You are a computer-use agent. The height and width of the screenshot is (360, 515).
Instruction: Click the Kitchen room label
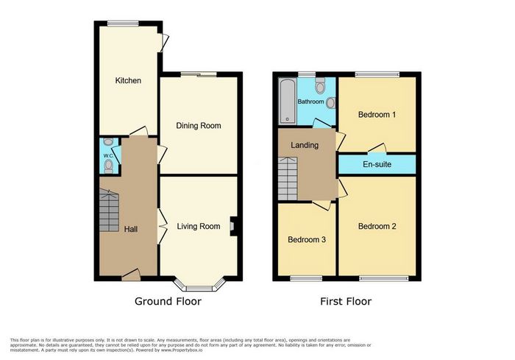pyautogui.click(x=128, y=80)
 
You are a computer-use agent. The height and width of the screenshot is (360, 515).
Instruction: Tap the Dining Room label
pyautogui.click(x=199, y=126)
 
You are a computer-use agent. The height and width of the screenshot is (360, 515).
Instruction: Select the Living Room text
pyautogui.click(x=199, y=226)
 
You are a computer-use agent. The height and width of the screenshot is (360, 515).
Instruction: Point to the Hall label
pyautogui.click(x=131, y=229)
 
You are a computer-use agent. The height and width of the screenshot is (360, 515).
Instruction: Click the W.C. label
pyautogui.click(x=108, y=155)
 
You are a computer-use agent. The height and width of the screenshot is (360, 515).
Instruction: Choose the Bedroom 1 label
pyautogui.click(x=377, y=114)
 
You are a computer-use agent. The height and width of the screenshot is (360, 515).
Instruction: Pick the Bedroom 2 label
pyautogui.click(x=377, y=226)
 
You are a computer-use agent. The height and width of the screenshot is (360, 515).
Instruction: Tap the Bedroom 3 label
pyautogui.click(x=307, y=240)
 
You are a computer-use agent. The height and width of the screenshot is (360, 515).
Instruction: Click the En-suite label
pyautogui.click(x=377, y=164)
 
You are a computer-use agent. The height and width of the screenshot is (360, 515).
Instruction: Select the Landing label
pyautogui.click(x=305, y=145)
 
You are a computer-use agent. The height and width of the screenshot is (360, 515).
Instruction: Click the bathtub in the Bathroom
pyautogui.click(x=288, y=101)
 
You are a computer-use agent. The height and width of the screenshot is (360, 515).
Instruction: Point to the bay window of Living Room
pyautogui.click(x=199, y=286)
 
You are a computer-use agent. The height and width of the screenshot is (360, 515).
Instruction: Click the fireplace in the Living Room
pyautogui.click(x=233, y=226)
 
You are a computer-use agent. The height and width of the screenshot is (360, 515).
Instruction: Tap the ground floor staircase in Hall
pyautogui.click(x=109, y=210)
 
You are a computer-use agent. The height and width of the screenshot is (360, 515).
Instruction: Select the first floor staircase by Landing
pyautogui.click(x=288, y=178)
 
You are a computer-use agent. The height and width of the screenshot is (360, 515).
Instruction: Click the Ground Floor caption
pyautogui.click(x=168, y=301)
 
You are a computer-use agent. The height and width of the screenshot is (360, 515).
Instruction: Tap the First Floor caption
pyautogui.click(x=346, y=301)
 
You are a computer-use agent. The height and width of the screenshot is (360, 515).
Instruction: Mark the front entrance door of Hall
pyautogui.click(x=131, y=275)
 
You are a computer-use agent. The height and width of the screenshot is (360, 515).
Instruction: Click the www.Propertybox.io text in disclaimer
pyautogui.click(x=182, y=350)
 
